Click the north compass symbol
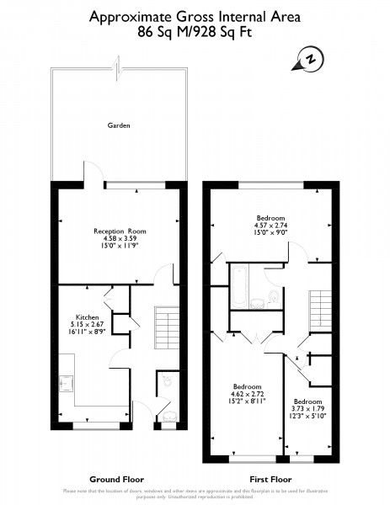tap(310, 60)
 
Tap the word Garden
tap(118, 125)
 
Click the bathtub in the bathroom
tap(239, 289)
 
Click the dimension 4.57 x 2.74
tap(271, 225)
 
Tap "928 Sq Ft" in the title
tap(224, 33)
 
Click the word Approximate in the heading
tap(127, 15)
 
